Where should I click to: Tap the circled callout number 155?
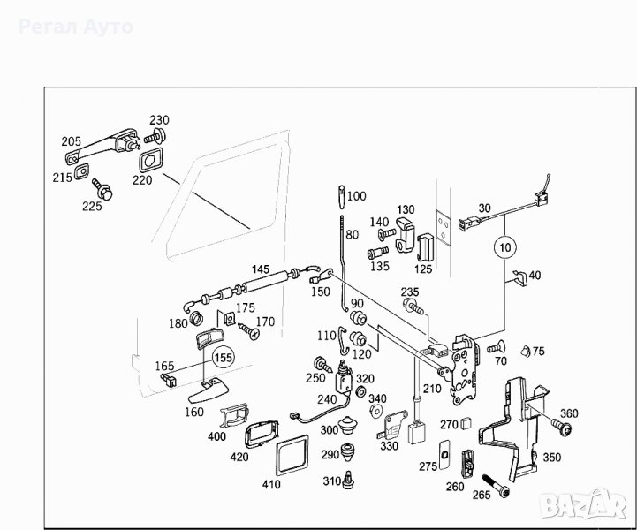(224, 359)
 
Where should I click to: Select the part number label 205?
(72, 141)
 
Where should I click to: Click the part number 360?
(569, 414)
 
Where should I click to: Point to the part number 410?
(270, 485)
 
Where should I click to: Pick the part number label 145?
(261, 269)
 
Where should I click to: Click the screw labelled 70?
(497, 345)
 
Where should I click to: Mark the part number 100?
(357, 196)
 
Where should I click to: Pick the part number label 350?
(551, 458)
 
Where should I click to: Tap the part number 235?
(410, 291)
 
